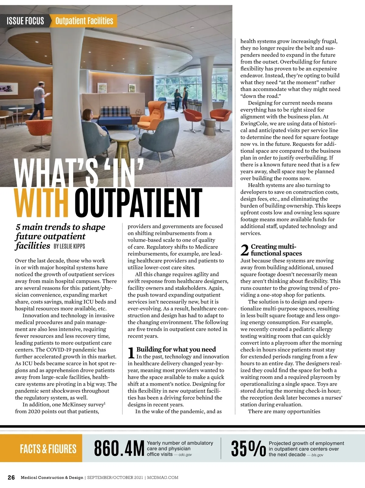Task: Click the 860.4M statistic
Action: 119,448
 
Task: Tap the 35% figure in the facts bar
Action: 248,449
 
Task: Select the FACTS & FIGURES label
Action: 48,449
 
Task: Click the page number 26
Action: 11,477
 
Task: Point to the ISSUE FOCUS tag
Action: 25,21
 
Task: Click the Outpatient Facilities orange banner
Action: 84,21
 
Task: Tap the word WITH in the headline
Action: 41,202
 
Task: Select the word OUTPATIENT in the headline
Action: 138,202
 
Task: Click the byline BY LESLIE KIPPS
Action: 69,246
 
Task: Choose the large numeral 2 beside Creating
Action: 245,250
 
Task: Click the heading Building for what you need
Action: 176,349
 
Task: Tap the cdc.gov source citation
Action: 185,455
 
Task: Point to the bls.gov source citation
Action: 317,455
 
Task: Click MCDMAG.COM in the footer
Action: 163,477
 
